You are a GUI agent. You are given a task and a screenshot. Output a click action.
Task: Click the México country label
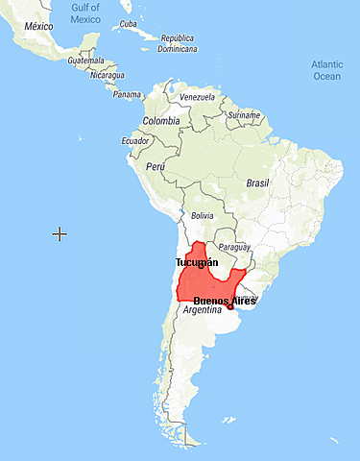[38, 26]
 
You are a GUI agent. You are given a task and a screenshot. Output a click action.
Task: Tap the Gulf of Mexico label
[85, 12]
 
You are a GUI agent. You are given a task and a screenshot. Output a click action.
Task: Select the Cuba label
[128, 24]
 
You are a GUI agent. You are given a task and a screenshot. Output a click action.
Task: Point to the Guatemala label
[85, 60]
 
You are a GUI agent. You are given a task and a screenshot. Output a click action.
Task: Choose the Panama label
[126, 94]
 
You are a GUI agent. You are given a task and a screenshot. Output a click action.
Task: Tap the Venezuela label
[198, 98]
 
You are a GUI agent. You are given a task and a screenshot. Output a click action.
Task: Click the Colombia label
[160, 121]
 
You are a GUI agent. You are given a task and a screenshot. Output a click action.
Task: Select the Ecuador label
[134, 140]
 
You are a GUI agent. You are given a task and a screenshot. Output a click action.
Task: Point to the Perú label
[156, 166]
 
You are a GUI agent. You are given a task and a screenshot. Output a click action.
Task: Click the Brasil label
[258, 182]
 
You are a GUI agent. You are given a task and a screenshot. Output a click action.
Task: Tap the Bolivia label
[203, 216]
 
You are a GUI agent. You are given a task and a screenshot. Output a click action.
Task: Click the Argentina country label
[203, 310]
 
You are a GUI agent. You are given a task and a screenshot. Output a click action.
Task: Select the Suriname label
[244, 115]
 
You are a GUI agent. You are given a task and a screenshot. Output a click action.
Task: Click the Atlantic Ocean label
[326, 70]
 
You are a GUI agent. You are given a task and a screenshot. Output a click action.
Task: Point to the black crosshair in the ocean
[60, 233]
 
